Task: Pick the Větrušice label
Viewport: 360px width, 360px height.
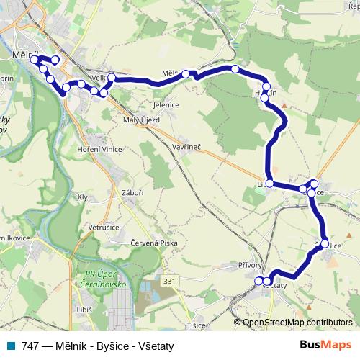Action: pos(103,227)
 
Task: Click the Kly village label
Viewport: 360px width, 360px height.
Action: pos(82,197)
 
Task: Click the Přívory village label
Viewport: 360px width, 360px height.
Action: pos(251,265)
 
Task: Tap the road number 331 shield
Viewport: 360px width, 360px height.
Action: pos(170,280)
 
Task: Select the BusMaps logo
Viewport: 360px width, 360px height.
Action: pos(325,346)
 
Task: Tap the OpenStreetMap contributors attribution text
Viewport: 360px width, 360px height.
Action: pos(297,323)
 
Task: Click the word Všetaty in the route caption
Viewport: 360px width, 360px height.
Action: pos(153,346)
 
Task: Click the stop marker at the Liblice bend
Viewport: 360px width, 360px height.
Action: pos(269,184)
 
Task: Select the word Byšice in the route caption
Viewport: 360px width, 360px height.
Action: pos(108,346)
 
